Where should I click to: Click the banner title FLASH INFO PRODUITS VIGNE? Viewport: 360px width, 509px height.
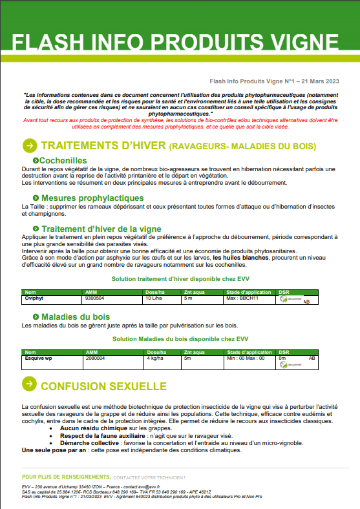tap(180, 43)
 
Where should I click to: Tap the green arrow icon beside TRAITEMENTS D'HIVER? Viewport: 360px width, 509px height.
tap(29, 145)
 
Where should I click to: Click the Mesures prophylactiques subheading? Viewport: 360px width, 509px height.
tap(92, 198)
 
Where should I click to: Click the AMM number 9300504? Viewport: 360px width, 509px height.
tap(94, 298)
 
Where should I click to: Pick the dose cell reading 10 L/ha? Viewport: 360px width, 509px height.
tap(154, 298)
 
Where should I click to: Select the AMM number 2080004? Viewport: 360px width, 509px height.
tap(94, 357)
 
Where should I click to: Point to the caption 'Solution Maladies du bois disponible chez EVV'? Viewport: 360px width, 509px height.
tap(180, 338)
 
